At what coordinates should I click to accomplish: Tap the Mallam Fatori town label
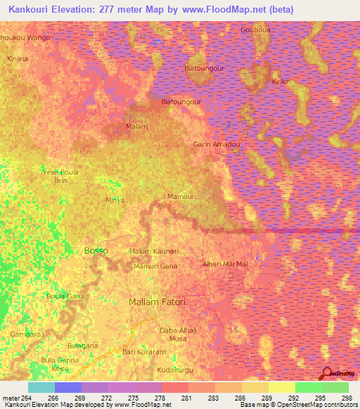[157, 301]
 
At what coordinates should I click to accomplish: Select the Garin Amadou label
[217, 144]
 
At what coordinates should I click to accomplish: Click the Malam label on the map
[136, 126]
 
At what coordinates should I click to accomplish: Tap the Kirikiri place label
[282, 82]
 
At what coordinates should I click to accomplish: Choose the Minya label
[115, 200]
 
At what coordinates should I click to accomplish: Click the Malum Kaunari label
[154, 251]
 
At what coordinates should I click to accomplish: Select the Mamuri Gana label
[155, 266]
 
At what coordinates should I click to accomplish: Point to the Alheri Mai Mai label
[225, 264]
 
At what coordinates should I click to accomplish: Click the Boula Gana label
[65, 296]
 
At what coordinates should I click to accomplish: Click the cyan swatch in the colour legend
[41, 387]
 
